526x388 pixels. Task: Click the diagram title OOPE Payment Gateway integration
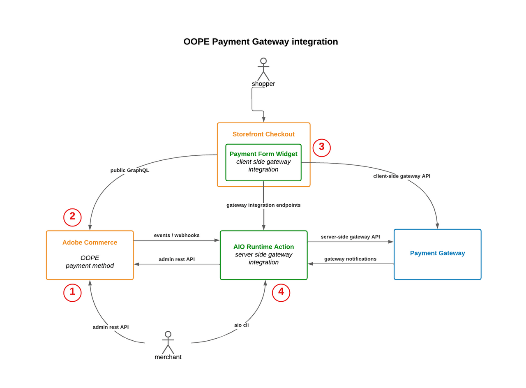pyautogui.click(x=261, y=42)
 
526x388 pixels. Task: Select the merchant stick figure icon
pyautogui.click(x=168, y=342)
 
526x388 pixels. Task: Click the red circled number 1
pyautogui.click(x=72, y=293)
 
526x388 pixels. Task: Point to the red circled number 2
pyautogui.click(x=72, y=217)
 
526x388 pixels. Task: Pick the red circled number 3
pyautogui.click(x=321, y=148)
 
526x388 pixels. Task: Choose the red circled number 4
pyautogui.click(x=281, y=293)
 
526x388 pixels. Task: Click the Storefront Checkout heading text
pyautogui.click(x=263, y=134)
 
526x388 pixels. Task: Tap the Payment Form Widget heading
pyautogui.click(x=263, y=154)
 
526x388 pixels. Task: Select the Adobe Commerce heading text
pyautogui.click(x=90, y=242)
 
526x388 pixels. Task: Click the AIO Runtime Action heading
pyautogui.click(x=263, y=247)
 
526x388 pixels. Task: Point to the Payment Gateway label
pyautogui.click(x=437, y=253)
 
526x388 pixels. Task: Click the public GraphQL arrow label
pyautogui.click(x=130, y=170)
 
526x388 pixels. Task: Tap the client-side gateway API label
pyautogui.click(x=401, y=176)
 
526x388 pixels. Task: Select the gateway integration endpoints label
pyautogui.click(x=263, y=205)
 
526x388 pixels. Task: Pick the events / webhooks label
pyautogui.click(x=177, y=236)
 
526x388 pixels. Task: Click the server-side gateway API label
pyautogui.click(x=350, y=237)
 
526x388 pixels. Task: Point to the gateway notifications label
pyautogui.click(x=350, y=259)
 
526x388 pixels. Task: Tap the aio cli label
pyautogui.click(x=241, y=325)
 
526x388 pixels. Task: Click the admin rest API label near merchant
pyautogui.click(x=111, y=327)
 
